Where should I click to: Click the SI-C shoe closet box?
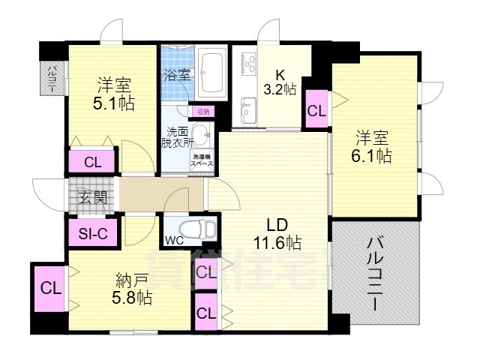click(x=94, y=233)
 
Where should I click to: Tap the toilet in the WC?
click(x=195, y=229)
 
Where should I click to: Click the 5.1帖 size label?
click(x=114, y=103)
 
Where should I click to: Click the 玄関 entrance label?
click(x=93, y=198)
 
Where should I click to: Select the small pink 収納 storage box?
click(x=202, y=112)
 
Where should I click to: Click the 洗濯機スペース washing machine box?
click(x=202, y=160)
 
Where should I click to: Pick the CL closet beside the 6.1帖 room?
click(x=317, y=110)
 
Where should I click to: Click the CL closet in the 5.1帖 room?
click(x=93, y=161)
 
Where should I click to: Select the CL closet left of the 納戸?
click(x=49, y=287)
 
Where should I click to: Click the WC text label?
click(x=174, y=241)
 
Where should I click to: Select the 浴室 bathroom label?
click(x=176, y=75)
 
